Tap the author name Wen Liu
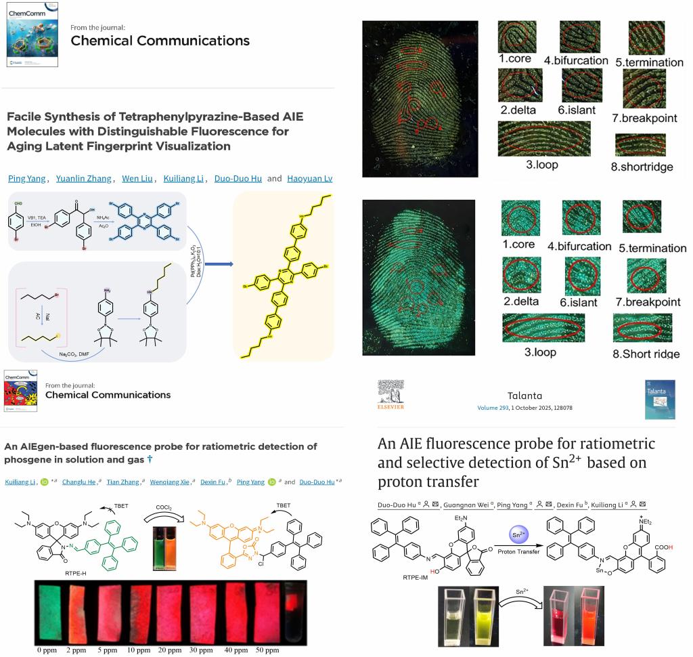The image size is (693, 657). click(137, 179)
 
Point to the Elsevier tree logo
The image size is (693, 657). click(390, 392)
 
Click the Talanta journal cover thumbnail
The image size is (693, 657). click(659, 399)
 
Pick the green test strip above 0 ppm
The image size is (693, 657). click(50, 612)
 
